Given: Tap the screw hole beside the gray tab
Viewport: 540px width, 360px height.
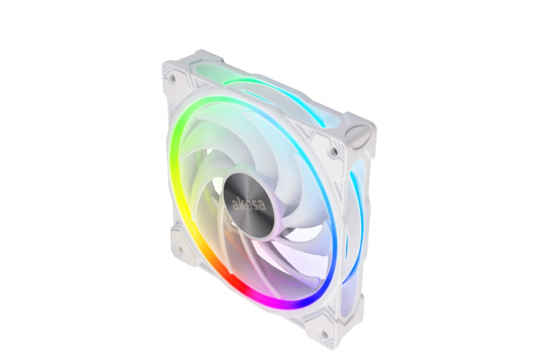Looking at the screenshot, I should (x=333, y=152).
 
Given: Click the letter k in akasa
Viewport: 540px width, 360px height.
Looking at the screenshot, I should (x=240, y=202).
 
